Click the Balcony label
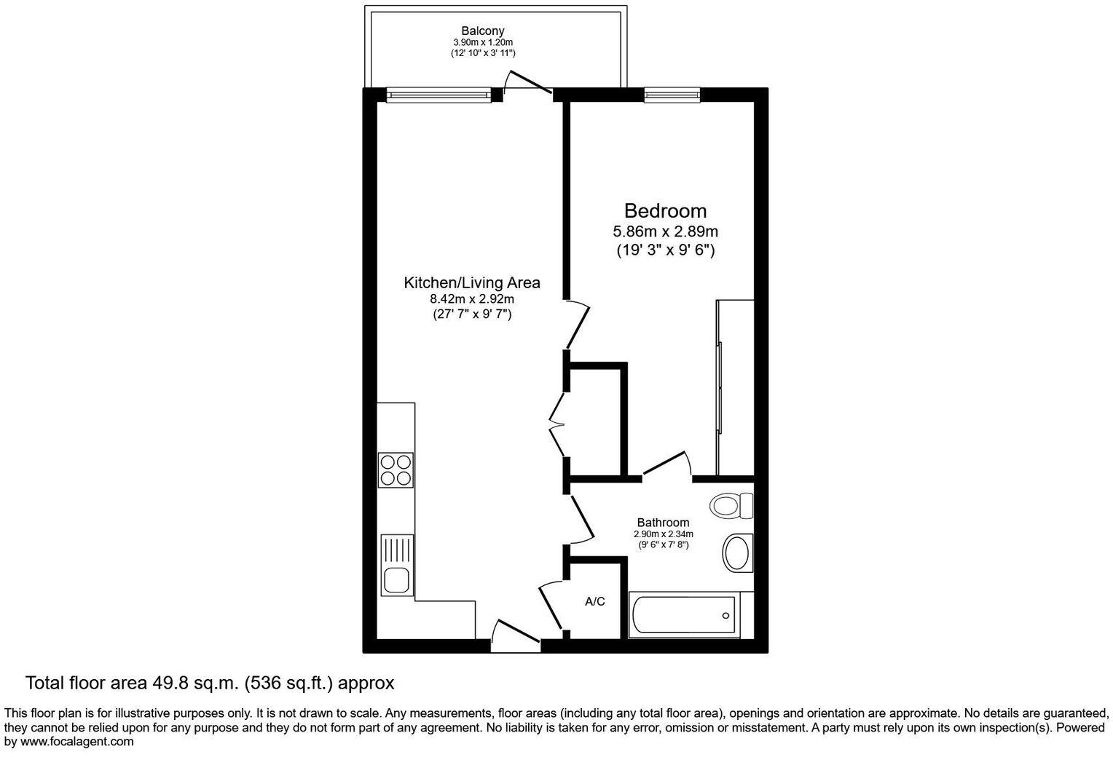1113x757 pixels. [482, 31]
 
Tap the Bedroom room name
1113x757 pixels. [665, 211]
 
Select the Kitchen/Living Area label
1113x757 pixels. [472, 282]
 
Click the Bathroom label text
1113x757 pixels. [663, 523]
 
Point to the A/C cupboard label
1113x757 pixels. [595, 602]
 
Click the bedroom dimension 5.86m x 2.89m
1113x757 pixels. [665, 232]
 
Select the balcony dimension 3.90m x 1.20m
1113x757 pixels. [482, 43]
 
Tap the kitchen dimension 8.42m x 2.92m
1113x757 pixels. [472, 298]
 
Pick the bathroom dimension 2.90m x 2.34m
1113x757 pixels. [663, 534]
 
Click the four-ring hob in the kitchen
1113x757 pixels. [396, 469]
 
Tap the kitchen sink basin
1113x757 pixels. [396, 580]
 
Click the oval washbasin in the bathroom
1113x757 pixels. [737, 555]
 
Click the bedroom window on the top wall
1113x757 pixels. [672, 94]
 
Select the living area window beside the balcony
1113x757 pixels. [439, 94]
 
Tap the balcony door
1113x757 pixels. [528, 83]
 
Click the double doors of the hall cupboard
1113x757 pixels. [557, 422]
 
